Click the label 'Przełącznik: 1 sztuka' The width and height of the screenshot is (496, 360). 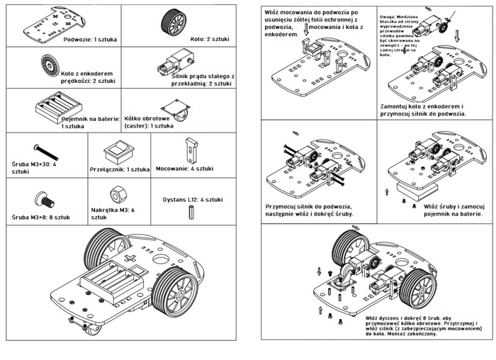[120, 169]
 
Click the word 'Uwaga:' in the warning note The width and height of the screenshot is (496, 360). [388, 15]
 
